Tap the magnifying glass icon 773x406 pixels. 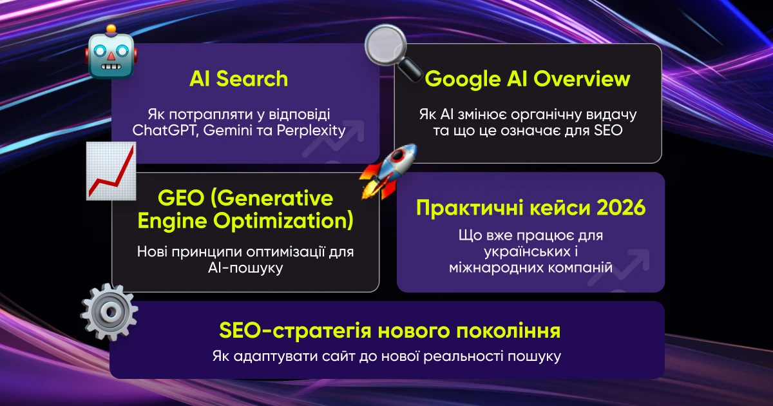tap(393, 52)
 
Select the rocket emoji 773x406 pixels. tap(388, 171)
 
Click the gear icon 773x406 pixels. tap(109, 312)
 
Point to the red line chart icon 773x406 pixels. tap(111, 171)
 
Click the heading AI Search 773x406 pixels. tap(239, 79)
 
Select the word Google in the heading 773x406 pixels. tap(463, 80)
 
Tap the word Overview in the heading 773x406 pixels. tap(582, 79)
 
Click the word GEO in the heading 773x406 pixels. tap(181, 198)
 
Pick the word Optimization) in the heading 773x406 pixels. tap(283, 221)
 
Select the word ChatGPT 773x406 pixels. tap(166, 130)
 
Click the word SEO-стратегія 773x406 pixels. tap(296, 331)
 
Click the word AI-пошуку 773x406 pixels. tap(245, 268)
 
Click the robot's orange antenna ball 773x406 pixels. tap(111, 28)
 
